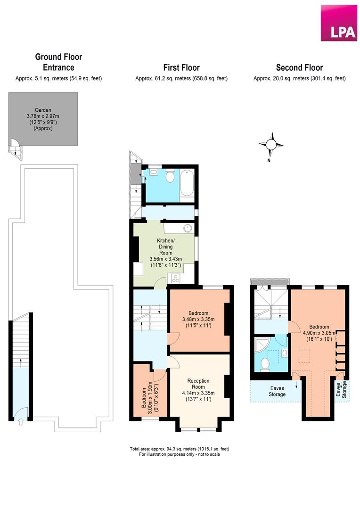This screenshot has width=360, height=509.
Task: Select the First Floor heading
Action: (x=181, y=68)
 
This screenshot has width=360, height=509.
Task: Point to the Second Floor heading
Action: (x=299, y=68)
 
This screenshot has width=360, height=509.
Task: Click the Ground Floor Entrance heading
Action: (x=58, y=62)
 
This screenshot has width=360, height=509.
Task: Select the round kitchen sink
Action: (x=188, y=229)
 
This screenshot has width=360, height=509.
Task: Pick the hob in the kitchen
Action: (x=176, y=278)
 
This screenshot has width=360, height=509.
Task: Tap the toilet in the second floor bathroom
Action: (x=264, y=363)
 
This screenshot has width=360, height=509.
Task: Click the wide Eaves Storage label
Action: (x=277, y=391)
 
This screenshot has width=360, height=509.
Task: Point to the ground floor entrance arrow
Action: (x=20, y=422)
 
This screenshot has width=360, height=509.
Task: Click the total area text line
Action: (x=180, y=449)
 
